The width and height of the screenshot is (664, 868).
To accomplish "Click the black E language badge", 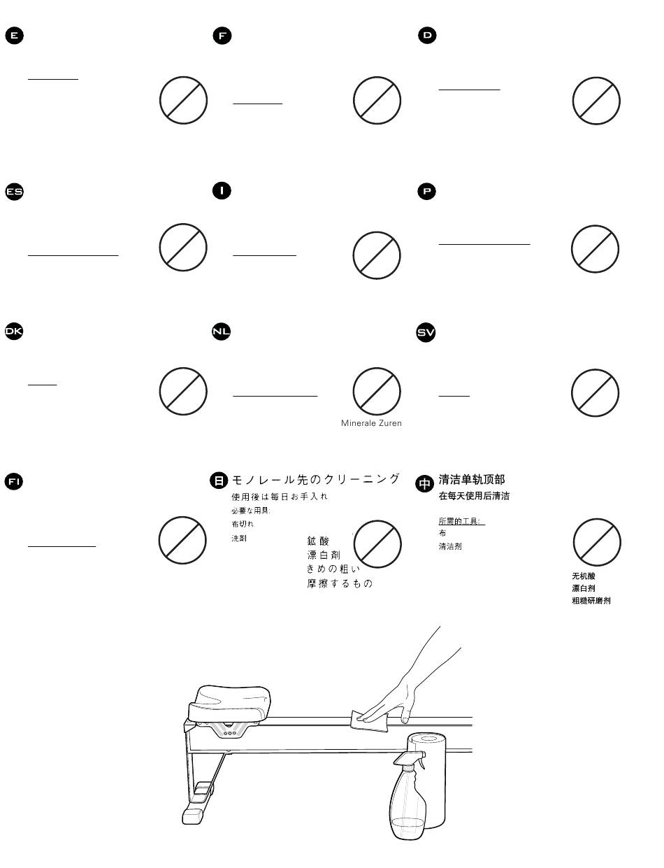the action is [x=14, y=35].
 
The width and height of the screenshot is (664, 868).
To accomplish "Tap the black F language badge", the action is [x=222, y=35].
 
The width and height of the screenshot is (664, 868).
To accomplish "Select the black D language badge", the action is [x=427, y=35].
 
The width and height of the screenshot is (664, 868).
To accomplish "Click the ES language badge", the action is [x=15, y=191].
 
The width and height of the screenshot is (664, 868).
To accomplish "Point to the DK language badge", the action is [x=14, y=332].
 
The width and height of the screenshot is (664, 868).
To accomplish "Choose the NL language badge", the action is [x=222, y=332].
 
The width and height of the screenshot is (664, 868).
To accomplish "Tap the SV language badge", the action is [x=426, y=332].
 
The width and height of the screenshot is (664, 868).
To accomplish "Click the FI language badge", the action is [x=14, y=481].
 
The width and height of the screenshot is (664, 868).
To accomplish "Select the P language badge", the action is [x=426, y=191].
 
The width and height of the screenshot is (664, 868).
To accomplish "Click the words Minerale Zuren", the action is [x=371, y=423].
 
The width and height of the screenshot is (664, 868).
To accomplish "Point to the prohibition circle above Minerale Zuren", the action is [x=377, y=391].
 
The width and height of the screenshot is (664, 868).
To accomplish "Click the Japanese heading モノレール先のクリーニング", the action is [x=316, y=479].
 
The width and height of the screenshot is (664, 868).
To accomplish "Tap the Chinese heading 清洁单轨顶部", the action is [x=471, y=480].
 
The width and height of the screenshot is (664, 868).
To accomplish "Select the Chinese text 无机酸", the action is [x=584, y=576].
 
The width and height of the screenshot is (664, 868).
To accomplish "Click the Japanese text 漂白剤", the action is [x=324, y=555].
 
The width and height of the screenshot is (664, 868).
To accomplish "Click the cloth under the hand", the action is [x=370, y=722].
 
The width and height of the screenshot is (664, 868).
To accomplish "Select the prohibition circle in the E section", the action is [x=183, y=101].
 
